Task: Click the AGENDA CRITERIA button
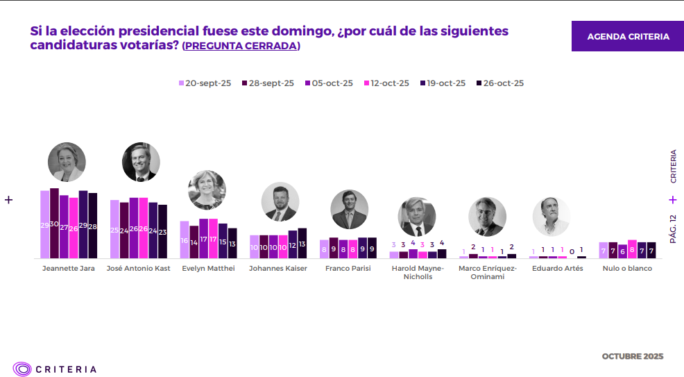click(628, 36)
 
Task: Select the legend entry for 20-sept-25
click(205, 83)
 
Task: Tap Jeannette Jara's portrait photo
click(67, 162)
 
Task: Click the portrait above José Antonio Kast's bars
click(141, 162)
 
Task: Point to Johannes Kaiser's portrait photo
click(280, 201)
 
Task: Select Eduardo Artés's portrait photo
click(551, 217)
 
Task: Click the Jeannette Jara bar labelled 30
click(54, 223)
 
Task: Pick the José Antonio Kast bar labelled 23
click(162, 231)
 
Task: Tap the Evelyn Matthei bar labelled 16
click(185, 240)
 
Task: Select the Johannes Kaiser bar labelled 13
click(302, 243)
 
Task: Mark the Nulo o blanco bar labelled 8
click(632, 249)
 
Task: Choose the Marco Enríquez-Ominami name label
click(487, 272)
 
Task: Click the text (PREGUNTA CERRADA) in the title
click(241, 46)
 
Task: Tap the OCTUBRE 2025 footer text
click(632, 356)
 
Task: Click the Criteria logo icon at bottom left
click(22, 369)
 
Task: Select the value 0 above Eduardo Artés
click(572, 251)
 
